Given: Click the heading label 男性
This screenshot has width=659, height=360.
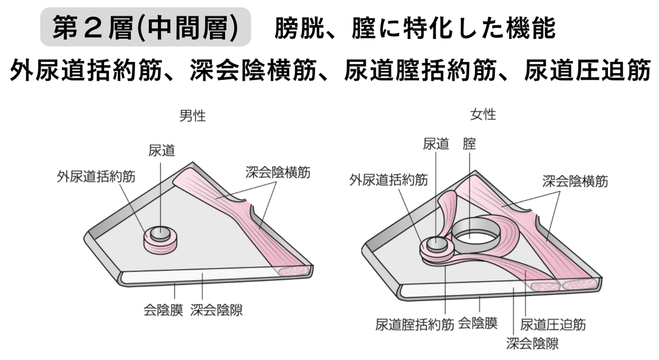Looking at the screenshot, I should pos(193,116).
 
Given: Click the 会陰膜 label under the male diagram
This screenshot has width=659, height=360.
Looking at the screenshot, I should pos(163,310).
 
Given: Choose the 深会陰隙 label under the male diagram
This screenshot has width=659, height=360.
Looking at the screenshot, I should pos(216,310).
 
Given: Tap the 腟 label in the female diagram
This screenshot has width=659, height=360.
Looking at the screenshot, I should pos(470,144).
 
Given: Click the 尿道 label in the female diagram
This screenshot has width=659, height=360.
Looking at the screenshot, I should pos(436,144).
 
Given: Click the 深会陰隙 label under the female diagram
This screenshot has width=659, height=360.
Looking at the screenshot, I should pos(532,344).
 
